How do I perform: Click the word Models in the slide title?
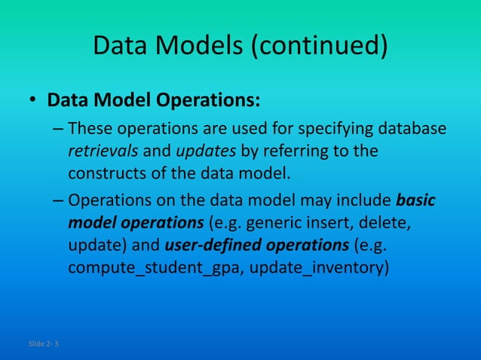pyautogui.click(x=201, y=47)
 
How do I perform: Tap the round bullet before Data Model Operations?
pyautogui.click(x=33, y=101)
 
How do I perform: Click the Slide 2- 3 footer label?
pyautogui.click(x=45, y=344)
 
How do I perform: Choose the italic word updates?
pyautogui.click(x=206, y=150)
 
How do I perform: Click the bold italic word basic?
pyautogui.click(x=416, y=201)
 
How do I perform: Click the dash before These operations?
pyautogui.click(x=59, y=128)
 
